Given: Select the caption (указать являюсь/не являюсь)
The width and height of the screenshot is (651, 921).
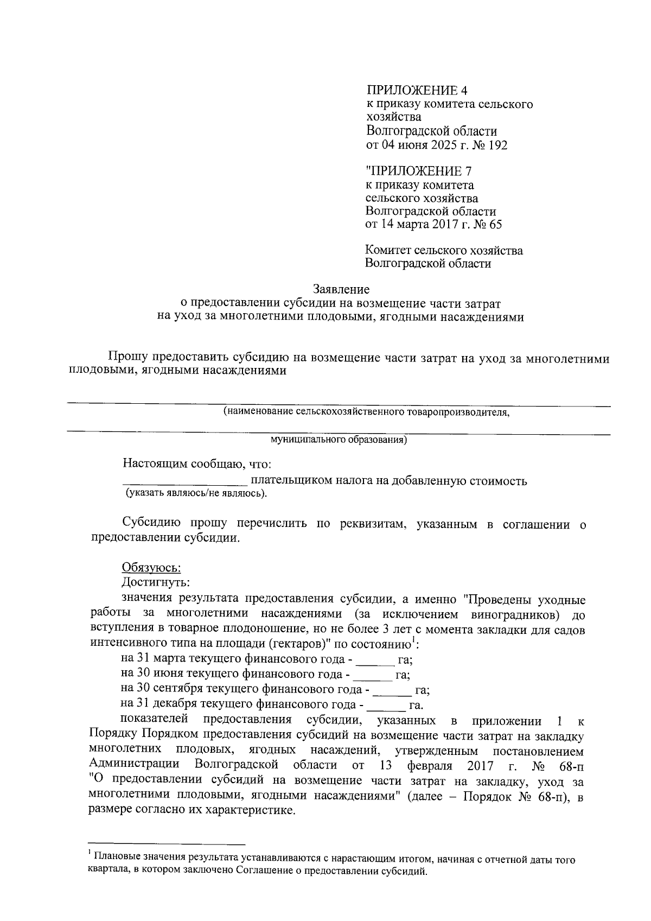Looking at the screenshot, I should tap(196, 493).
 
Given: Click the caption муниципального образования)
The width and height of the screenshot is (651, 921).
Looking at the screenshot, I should tap(339, 440).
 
